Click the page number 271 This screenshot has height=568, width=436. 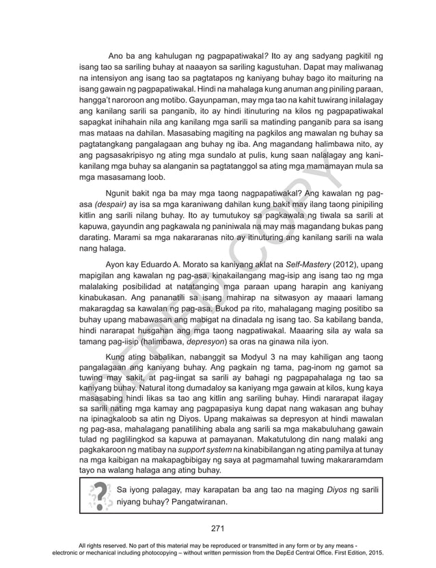(x=217, y=528)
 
